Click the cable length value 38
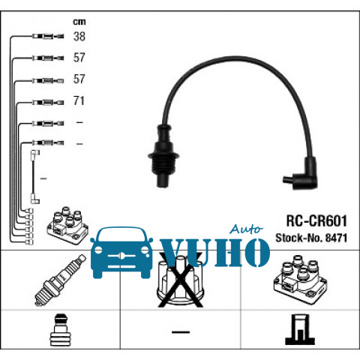79,37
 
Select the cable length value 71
79,100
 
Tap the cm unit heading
79,22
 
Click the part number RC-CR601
316,220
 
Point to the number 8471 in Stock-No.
336,238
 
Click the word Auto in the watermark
246,229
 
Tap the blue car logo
121,253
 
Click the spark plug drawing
61,280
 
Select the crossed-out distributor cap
181,280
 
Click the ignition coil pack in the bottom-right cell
300,280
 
